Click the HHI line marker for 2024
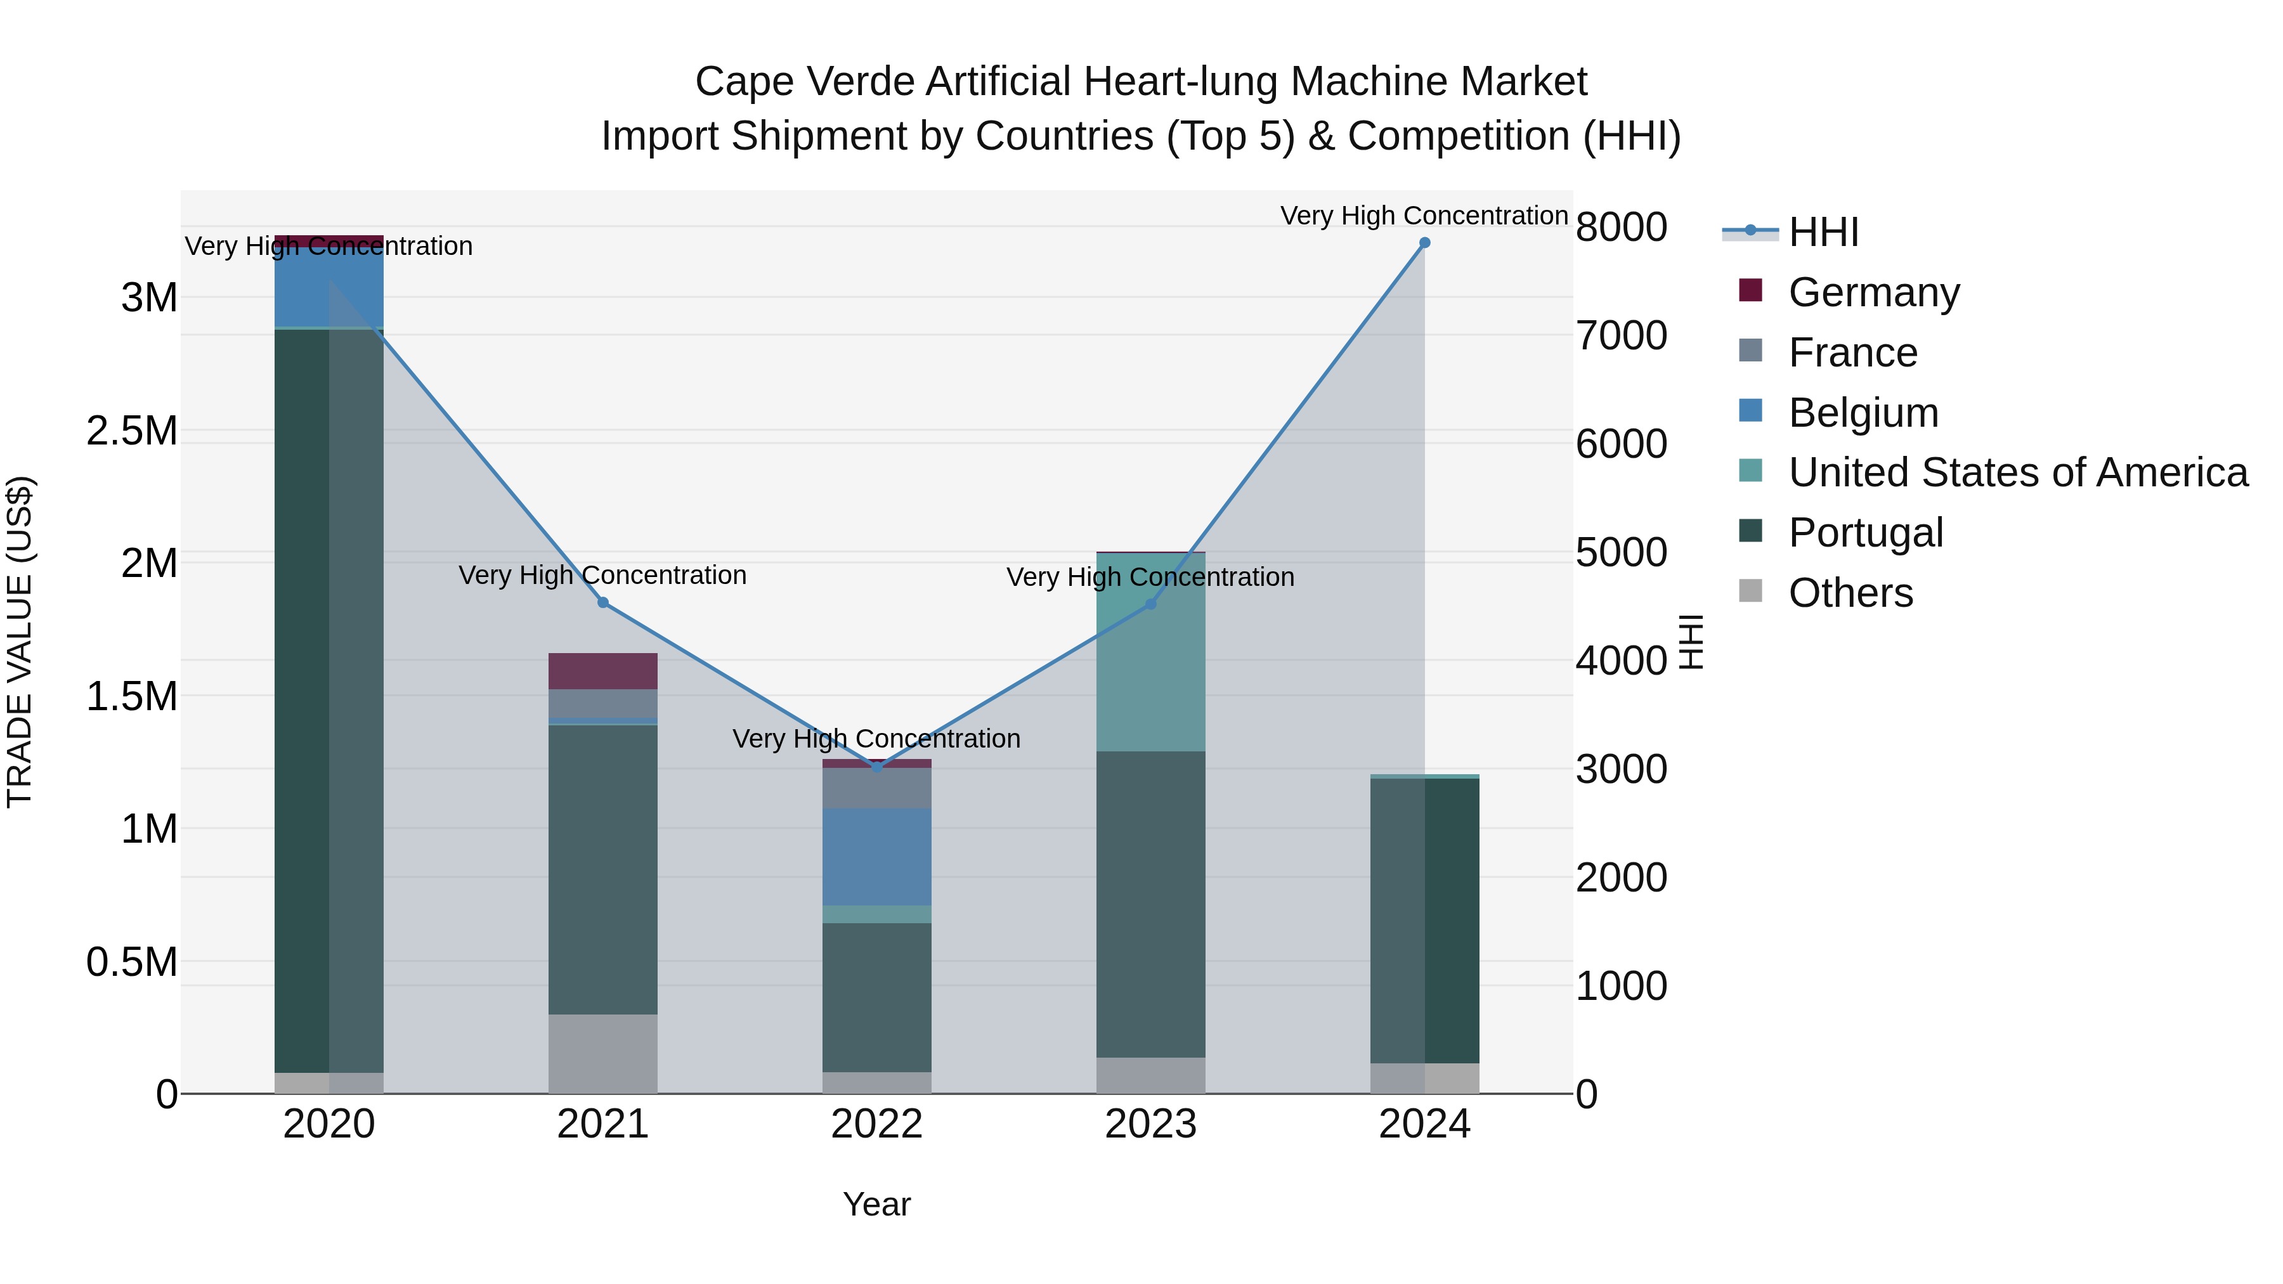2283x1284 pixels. point(1424,243)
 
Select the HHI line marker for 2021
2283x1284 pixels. point(602,602)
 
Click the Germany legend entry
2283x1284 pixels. point(1873,292)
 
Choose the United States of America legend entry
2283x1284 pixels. point(2017,472)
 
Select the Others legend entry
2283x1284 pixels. point(1850,593)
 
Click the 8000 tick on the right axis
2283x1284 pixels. point(1621,227)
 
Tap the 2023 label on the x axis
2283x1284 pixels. point(1150,1124)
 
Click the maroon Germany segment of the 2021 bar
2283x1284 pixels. point(602,671)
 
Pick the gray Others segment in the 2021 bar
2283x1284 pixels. point(602,1054)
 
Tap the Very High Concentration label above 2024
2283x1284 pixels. point(1424,216)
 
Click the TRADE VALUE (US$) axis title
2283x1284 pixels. point(20,642)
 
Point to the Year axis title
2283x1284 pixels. point(876,1204)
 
